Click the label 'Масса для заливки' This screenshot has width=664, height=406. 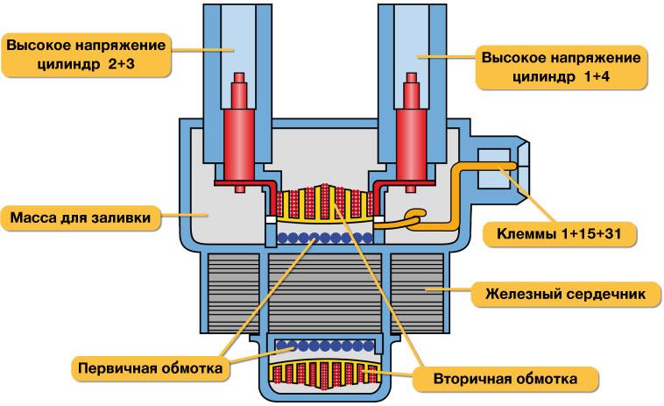coord(82,216)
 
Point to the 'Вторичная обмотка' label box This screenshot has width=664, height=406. coord(506,380)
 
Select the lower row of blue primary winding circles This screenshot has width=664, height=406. coord(324,345)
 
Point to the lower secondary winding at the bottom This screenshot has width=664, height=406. coord(324,375)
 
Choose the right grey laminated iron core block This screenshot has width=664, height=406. coord(418,289)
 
